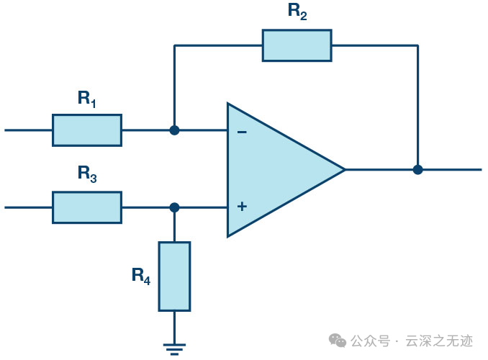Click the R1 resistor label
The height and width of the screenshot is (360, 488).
(x=86, y=99)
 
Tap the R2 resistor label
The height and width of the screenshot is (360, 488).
(x=297, y=12)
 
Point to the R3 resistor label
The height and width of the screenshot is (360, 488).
(x=87, y=174)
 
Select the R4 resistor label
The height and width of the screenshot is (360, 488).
(x=141, y=276)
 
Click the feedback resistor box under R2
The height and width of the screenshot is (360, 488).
(x=297, y=45)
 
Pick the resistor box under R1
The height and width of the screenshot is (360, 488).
(x=87, y=130)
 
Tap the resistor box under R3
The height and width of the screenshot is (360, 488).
(x=87, y=207)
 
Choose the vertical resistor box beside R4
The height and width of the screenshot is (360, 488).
(x=174, y=276)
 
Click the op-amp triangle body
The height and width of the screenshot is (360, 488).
(x=280, y=170)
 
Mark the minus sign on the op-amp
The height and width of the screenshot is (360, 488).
(x=242, y=132)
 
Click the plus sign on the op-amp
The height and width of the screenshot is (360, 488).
(x=242, y=207)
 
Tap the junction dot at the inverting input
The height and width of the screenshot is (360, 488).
(x=174, y=130)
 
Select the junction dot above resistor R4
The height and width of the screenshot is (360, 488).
(x=174, y=207)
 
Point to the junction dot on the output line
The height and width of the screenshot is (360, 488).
(x=417, y=170)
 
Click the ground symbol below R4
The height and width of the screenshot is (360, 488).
(x=174, y=349)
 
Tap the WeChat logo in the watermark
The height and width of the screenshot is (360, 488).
(x=338, y=341)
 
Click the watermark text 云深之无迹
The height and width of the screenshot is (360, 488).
(x=439, y=341)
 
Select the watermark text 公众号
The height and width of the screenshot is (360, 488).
(x=371, y=341)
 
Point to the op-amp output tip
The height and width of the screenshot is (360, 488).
(x=345, y=170)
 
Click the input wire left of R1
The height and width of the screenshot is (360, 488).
(x=28, y=130)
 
